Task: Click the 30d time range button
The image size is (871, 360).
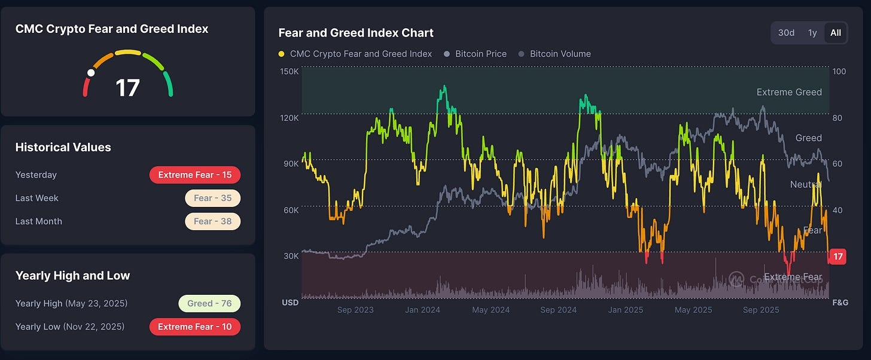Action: point(786,33)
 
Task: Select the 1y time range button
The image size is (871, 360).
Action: point(812,33)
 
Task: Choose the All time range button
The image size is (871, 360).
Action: point(836,33)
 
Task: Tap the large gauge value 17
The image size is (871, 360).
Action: point(127,88)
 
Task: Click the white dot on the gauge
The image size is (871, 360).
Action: point(91,73)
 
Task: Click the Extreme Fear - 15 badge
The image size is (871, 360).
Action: point(194,175)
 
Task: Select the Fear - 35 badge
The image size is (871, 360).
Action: point(212,198)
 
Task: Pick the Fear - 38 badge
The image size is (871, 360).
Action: point(212,221)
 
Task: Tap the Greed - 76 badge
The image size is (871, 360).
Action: point(209,303)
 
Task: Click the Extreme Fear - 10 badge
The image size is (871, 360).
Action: point(194,327)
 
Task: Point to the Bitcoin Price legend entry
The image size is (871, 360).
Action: point(480,54)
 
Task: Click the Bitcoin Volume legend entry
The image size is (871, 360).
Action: point(560,54)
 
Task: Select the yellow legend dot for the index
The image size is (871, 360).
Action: point(282,54)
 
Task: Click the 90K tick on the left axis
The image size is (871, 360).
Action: point(290,164)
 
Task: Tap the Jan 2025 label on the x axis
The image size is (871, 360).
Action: point(626,310)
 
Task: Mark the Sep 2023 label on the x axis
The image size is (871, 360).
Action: point(355,310)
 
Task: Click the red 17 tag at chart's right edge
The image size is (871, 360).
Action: point(838,257)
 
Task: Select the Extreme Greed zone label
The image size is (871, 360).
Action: point(789,92)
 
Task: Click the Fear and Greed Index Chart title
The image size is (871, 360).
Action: point(356,33)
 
